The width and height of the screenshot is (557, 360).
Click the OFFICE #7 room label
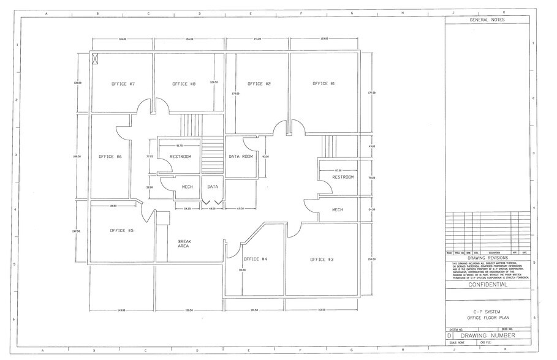(x=123, y=84)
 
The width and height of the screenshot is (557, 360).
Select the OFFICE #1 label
(x=324, y=83)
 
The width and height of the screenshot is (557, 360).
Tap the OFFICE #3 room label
(x=322, y=260)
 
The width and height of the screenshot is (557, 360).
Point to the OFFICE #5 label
(x=121, y=231)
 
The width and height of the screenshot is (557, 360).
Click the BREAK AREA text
(x=184, y=243)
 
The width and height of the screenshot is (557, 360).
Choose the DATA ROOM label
(x=241, y=157)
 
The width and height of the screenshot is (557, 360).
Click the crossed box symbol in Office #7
(x=96, y=59)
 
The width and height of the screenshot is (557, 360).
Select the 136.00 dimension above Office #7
(x=123, y=39)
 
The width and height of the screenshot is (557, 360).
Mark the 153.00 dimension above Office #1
(x=324, y=39)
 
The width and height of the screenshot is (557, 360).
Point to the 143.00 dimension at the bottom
(x=121, y=310)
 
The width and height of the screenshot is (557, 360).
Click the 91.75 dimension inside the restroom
(x=179, y=145)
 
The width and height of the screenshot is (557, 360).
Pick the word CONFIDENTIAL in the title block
(x=487, y=285)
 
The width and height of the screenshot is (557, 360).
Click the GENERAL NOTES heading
(x=487, y=20)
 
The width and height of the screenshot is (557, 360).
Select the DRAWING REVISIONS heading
(x=487, y=258)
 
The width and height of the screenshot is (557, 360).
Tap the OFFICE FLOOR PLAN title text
(x=487, y=318)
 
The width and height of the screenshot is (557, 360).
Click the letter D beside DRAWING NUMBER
(x=450, y=336)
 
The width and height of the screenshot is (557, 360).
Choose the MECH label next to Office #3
(x=338, y=210)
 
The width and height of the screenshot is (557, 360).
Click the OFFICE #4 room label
(x=256, y=259)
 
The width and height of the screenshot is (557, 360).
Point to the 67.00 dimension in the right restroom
(x=338, y=170)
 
